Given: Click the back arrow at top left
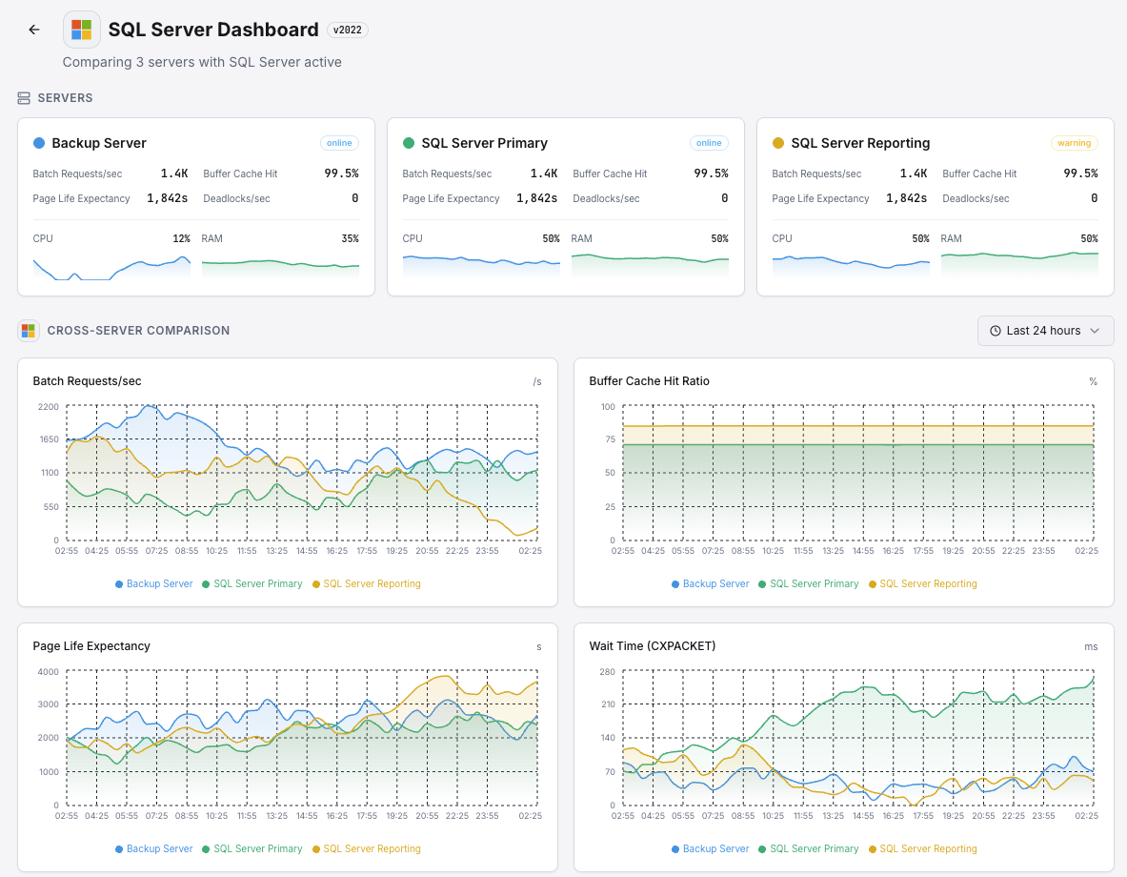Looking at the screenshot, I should pos(34,30).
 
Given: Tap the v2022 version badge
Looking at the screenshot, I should pos(348,30).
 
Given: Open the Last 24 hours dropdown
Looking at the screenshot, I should pos(1045,331).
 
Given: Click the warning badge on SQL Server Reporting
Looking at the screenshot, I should pos(1074,143).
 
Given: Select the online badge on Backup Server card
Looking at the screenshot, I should pos(338,143).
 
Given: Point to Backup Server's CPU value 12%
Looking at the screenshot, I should pos(181,238).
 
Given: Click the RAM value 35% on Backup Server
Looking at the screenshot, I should pos(350,238).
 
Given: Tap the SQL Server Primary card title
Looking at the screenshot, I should pos(484,143).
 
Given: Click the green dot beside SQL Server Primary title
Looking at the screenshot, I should pos(409,143).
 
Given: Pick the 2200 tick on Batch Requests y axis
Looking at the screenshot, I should pos(48,407).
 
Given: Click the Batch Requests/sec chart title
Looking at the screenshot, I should pos(87,381).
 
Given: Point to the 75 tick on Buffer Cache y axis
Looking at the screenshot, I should pos(608,439).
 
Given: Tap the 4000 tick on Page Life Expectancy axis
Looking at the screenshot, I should pos(48,672).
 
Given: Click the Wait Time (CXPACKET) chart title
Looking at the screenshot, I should pos(652,646).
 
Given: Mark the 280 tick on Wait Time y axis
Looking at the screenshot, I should pos(606,672).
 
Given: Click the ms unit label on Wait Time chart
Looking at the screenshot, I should pos(1090,646).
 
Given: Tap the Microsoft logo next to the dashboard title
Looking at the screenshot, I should pos(82,30).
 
